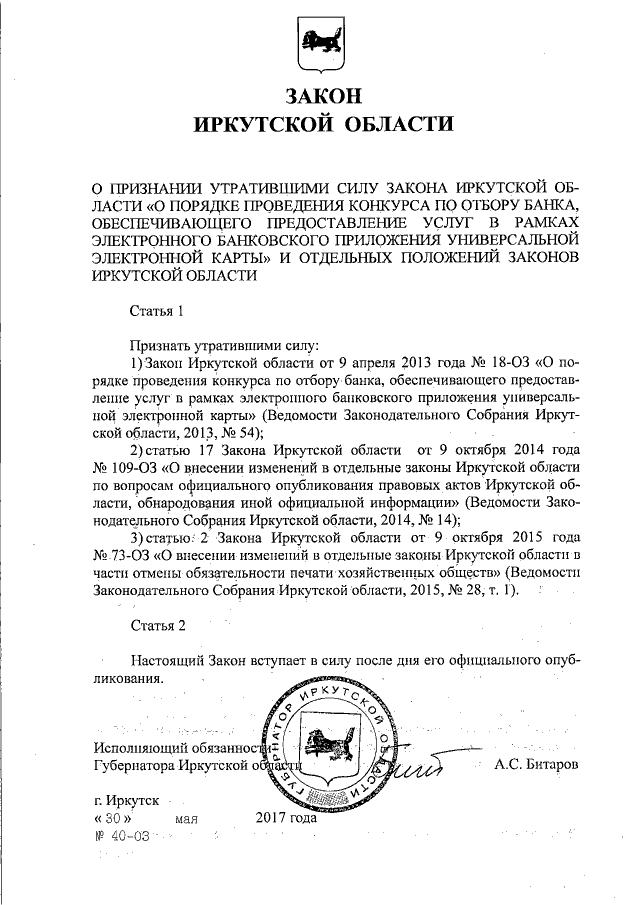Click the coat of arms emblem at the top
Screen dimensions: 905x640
pyautogui.click(x=319, y=46)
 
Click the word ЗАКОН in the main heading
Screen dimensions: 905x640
pyautogui.click(x=319, y=98)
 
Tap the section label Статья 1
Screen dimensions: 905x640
pyautogui.click(x=159, y=310)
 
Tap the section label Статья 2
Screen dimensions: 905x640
pyautogui.click(x=159, y=627)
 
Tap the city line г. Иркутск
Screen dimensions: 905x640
pyautogui.click(x=125, y=800)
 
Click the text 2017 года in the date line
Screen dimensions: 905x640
pyautogui.click(x=286, y=817)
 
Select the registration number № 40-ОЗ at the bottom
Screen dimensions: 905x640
pyautogui.click(x=122, y=835)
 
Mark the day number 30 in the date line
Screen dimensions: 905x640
pyautogui.click(x=113, y=817)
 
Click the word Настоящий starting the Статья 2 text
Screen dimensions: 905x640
pyautogui.click(x=171, y=660)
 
